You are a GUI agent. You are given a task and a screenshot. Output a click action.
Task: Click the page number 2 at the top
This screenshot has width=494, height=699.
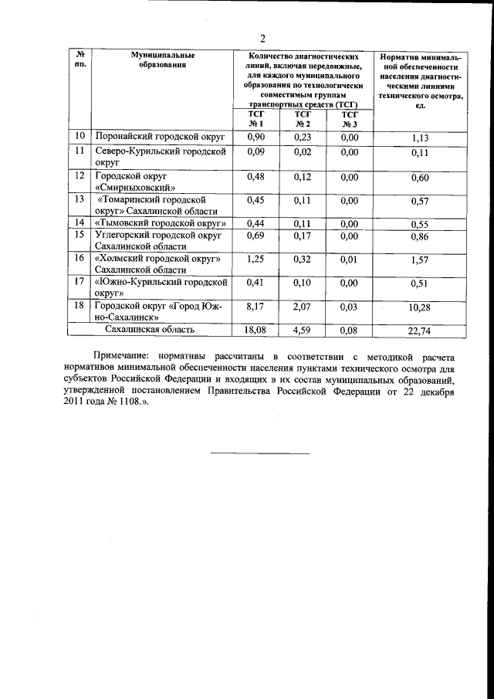(x=262, y=39)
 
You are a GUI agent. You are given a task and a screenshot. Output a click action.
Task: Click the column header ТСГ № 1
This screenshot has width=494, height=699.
(x=255, y=119)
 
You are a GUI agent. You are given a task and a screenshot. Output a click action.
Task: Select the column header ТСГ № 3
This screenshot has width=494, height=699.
(x=349, y=119)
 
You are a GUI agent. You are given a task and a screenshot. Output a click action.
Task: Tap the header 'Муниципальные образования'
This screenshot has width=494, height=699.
(x=161, y=60)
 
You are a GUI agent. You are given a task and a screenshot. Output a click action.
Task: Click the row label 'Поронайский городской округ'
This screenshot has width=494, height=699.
(x=158, y=137)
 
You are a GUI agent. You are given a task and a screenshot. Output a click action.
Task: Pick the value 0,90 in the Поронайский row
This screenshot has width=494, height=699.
(x=255, y=137)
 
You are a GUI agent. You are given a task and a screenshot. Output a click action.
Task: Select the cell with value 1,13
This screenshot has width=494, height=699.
(x=420, y=138)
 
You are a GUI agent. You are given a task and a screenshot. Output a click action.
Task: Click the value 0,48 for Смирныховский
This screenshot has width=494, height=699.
(x=255, y=176)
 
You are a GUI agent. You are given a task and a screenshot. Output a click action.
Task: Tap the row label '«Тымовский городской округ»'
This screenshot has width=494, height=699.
(x=159, y=224)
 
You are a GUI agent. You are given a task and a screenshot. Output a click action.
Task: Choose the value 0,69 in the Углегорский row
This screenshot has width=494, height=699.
(x=255, y=235)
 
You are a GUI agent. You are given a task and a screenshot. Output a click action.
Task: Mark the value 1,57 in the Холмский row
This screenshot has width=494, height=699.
(x=420, y=260)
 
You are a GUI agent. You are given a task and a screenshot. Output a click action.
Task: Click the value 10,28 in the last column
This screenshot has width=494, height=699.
(x=420, y=308)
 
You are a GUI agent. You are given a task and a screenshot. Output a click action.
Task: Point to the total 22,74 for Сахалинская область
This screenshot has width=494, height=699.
(x=420, y=331)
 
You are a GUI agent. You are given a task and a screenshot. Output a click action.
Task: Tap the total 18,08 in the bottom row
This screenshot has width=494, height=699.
(x=255, y=330)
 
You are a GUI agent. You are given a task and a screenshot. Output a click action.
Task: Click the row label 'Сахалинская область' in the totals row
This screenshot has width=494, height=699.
(x=150, y=330)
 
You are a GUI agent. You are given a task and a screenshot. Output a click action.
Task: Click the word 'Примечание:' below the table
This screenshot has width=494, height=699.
(x=106, y=357)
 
